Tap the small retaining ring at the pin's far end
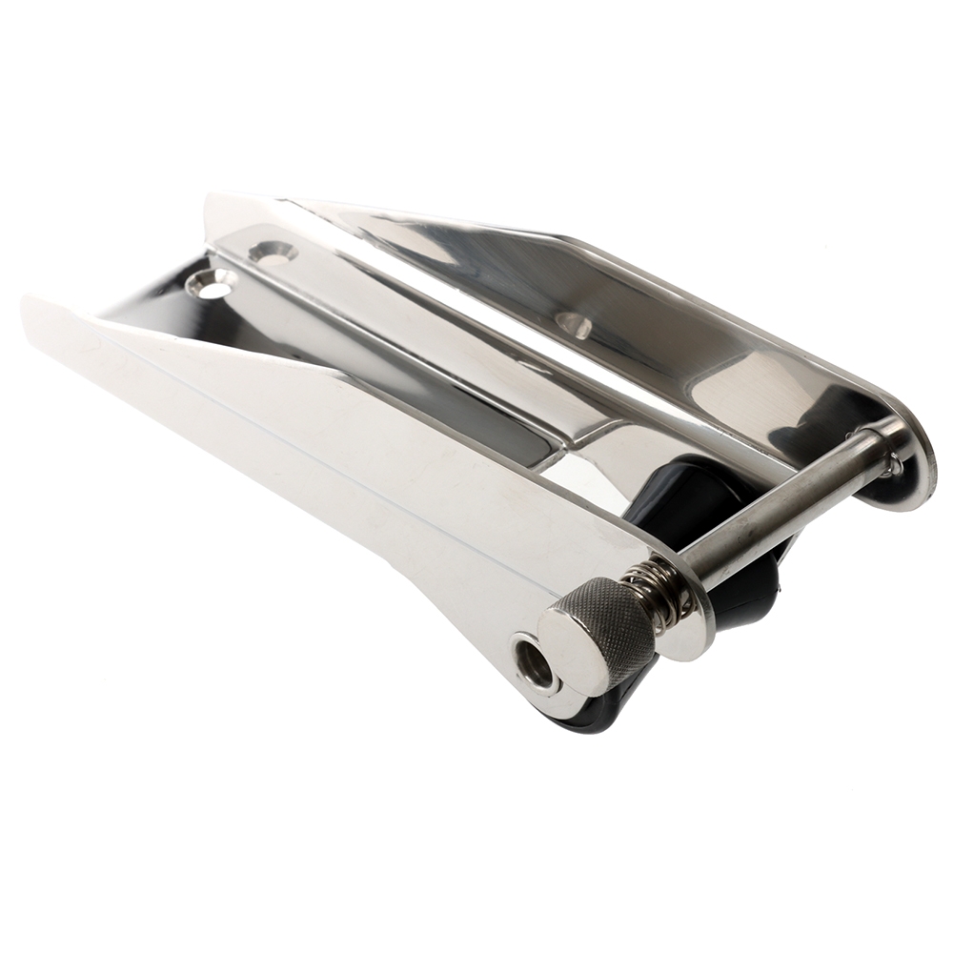click(892, 464)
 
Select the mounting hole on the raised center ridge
click(272, 253)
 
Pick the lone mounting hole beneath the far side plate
click(575, 325)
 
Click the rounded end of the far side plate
click(915, 467)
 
